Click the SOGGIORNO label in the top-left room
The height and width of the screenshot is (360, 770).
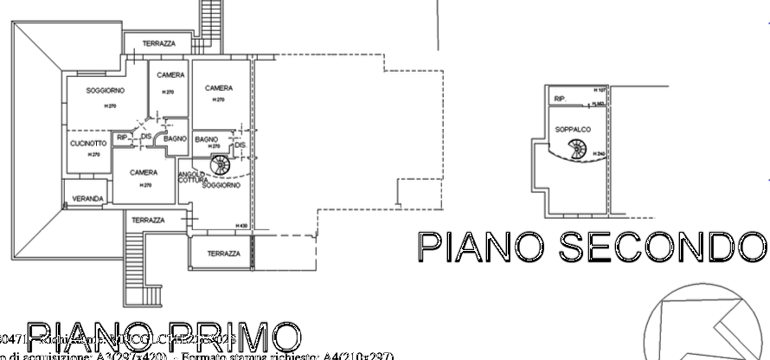[x=106, y=91]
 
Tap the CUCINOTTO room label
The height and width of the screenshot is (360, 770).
[x=88, y=143]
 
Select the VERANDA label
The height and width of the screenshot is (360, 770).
[x=88, y=199]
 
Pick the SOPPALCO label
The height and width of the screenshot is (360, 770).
[x=572, y=129]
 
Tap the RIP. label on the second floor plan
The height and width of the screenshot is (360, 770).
[x=559, y=100]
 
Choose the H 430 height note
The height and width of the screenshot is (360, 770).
[x=242, y=226]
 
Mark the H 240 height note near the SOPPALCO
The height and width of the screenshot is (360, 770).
[x=598, y=154]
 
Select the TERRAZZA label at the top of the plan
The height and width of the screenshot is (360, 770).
[x=159, y=43]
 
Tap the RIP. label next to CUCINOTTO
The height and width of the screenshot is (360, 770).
[x=122, y=138]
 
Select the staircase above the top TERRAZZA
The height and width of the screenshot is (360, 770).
[x=212, y=17]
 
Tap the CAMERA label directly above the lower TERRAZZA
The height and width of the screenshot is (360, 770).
[x=144, y=173]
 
